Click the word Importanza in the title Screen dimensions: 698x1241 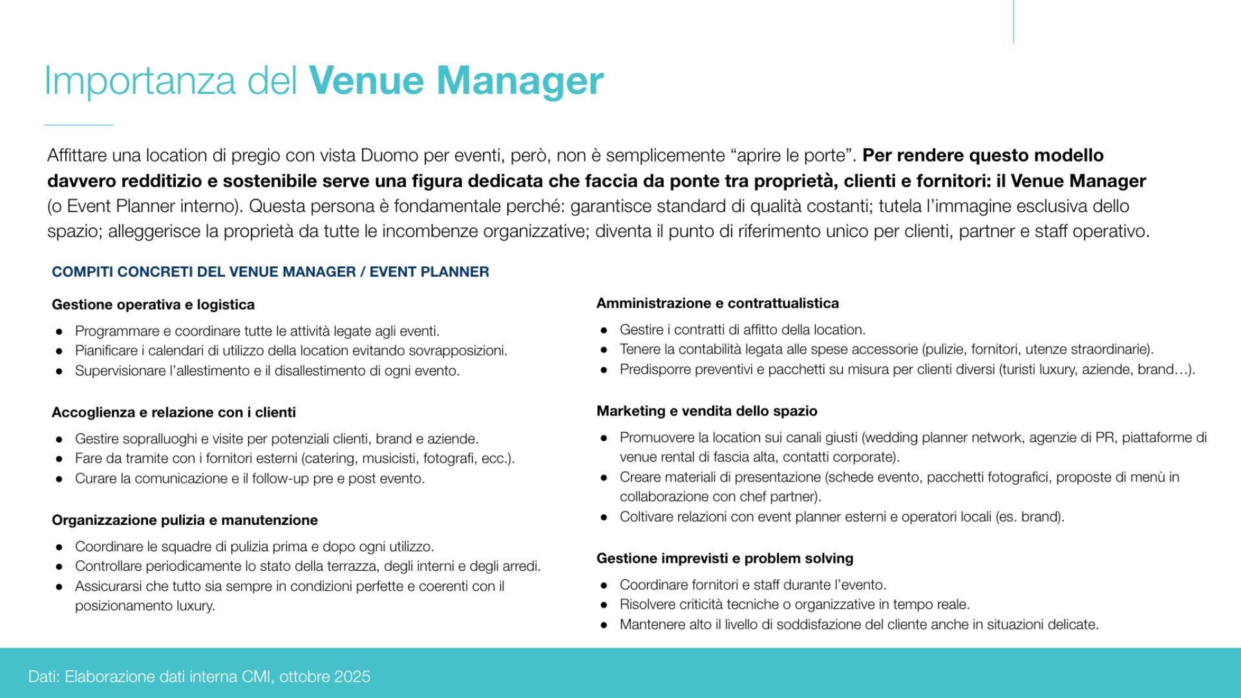(x=140, y=82)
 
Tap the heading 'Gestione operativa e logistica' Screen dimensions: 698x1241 (x=153, y=304)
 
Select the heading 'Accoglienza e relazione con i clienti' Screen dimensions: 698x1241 (x=174, y=412)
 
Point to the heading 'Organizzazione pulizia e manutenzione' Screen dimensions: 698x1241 (x=185, y=520)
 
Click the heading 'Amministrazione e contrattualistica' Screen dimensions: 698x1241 (x=717, y=303)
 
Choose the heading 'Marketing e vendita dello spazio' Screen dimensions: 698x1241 (x=706, y=411)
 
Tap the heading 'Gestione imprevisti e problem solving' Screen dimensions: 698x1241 (x=725, y=558)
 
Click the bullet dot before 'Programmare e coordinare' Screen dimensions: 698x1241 (x=59, y=332)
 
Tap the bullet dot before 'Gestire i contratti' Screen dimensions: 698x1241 (x=604, y=330)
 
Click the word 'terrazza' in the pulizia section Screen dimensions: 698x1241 (x=354, y=567)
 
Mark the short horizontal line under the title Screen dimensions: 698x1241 (x=79, y=125)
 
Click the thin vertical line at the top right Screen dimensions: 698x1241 (x=1013, y=21)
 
